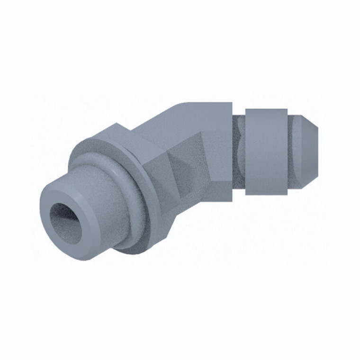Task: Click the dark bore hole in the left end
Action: click(x=66, y=223)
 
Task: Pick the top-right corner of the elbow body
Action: click(x=232, y=103)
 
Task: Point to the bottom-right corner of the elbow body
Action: click(x=232, y=199)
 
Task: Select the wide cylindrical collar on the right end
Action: click(x=266, y=152)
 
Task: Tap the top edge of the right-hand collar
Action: click(x=266, y=109)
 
